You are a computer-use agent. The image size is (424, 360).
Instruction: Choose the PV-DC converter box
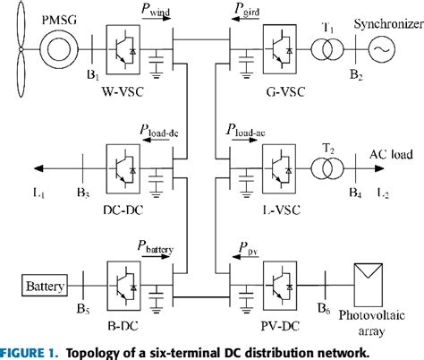(x=280, y=286)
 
